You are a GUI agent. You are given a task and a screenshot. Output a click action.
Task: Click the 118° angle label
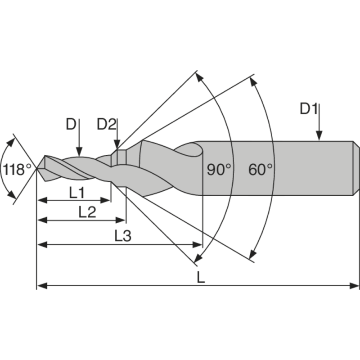18,170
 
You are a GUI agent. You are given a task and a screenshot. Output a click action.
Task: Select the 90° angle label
219,170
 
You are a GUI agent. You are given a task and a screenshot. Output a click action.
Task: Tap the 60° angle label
261,170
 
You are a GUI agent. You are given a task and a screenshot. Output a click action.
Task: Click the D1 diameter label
309,109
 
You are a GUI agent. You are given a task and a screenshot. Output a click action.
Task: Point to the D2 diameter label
107,124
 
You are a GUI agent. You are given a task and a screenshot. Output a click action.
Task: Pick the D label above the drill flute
71,124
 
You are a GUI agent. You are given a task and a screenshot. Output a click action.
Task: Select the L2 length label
87,212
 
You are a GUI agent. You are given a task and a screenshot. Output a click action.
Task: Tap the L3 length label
122,236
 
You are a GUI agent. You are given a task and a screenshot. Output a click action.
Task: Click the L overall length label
201,278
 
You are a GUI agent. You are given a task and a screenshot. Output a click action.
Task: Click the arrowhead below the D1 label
319,136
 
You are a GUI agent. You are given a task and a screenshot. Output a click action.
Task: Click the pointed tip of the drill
37,169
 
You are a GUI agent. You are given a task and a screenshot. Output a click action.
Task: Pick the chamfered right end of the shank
355,169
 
